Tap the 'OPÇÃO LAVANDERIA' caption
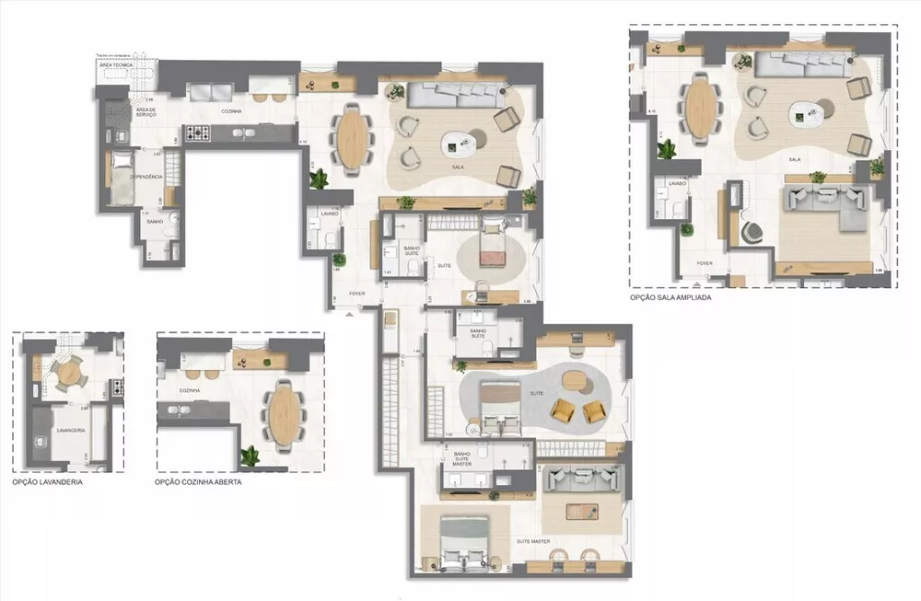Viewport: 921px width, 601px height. (47, 481)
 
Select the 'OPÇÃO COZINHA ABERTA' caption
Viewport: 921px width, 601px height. (198, 481)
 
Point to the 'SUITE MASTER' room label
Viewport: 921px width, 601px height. (533, 541)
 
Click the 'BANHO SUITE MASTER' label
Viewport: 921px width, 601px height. (467, 458)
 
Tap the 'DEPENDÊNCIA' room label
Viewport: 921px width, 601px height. (146, 176)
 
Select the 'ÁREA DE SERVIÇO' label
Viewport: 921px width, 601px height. (146, 112)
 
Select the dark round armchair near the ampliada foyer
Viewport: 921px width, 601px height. (753, 233)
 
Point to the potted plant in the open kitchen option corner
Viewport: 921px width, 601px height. (250, 455)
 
